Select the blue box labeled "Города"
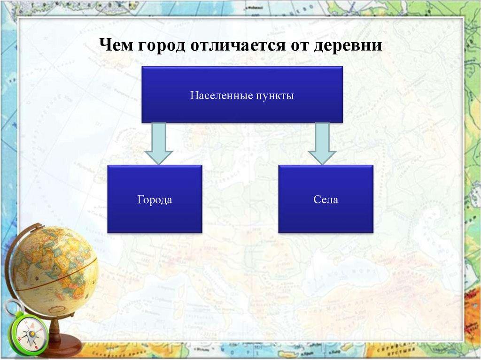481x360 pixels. tap(155, 199)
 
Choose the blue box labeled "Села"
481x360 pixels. tap(326, 199)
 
